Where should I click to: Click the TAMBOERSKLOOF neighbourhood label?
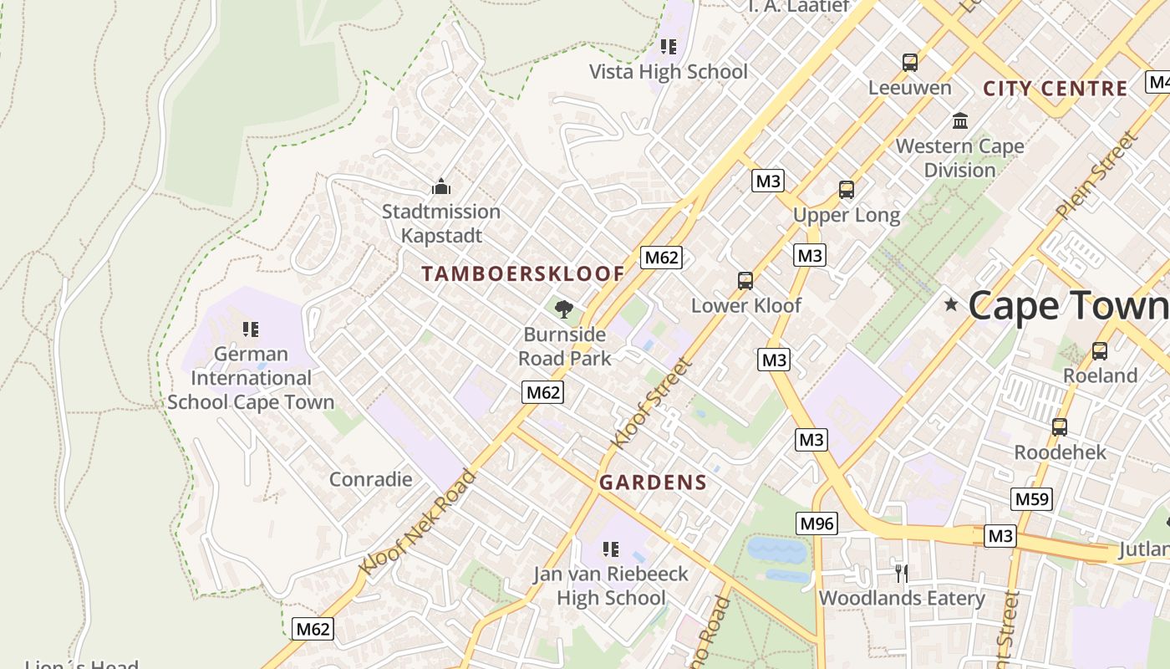coord(523,273)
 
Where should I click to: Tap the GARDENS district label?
coord(653,483)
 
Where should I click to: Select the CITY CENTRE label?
coord(1055,89)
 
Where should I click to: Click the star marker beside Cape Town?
coord(950,304)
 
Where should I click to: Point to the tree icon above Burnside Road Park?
coord(564,309)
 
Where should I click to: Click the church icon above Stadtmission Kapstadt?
coord(440,186)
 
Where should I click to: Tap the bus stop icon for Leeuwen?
coord(909,62)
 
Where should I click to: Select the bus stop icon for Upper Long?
coord(847,190)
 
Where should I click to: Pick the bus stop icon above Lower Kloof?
coord(745,280)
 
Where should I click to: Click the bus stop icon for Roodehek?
coord(1059,427)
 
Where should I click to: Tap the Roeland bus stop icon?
coord(1099,351)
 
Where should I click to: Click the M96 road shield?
coord(816,523)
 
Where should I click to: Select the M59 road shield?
coord(1031,499)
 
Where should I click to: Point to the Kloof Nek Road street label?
coord(417,523)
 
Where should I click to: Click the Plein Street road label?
coord(1096,176)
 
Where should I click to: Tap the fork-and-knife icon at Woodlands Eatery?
coord(901,573)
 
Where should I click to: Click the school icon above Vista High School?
coord(668,47)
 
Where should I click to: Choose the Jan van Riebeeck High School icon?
coord(611,549)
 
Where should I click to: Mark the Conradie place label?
coord(370,479)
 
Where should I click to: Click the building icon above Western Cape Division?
coord(959,121)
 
